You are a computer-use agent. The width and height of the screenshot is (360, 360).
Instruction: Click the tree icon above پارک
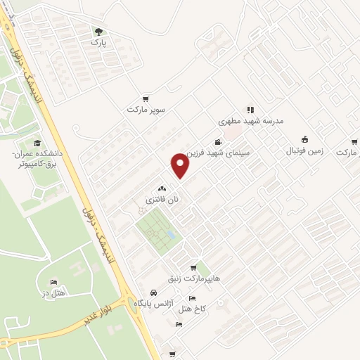point(98,32)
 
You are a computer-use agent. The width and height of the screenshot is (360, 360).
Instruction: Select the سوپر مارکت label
point(146,110)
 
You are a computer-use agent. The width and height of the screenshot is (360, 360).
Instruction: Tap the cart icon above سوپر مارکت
point(146,99)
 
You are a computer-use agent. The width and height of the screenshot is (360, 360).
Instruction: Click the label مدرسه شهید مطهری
point(250,121)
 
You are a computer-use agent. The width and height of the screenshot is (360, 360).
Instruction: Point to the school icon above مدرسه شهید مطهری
point(250,110)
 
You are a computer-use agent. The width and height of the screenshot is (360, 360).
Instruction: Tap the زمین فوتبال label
point(304,150)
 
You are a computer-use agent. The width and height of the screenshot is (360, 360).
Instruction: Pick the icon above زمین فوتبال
point(304,140)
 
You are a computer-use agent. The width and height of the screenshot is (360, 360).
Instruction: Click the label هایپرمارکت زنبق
point(191,278)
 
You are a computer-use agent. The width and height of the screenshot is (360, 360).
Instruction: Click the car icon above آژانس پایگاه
point(153,292)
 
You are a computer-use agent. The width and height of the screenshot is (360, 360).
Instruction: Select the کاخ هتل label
point(192,309)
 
